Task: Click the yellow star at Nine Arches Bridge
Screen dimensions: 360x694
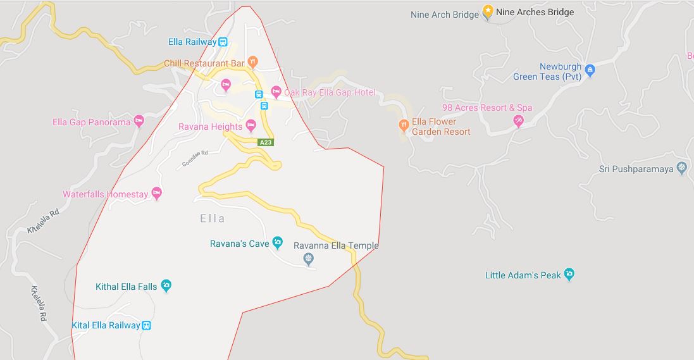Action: pyautogui.click(x=488, y=11)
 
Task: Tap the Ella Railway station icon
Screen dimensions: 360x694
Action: pyautogui.click(x=223, y=42)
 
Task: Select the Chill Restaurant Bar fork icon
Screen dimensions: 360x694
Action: pyautogui.click(x=252, y=62)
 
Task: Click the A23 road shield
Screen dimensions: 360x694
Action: pyautogui.click(x=266, y=143)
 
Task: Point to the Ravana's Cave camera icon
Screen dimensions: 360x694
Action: pyautogui.click(x=277, y=242)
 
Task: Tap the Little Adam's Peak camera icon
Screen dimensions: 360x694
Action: pyautogui.click(x=569, y=275)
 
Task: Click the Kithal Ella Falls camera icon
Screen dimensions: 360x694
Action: pyautogui.click(x=166, y=286)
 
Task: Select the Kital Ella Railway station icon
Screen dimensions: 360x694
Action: pyautogui.click(x=146, y=325)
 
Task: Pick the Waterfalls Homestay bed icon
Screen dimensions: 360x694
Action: pyautogui.click(x=156, y=193)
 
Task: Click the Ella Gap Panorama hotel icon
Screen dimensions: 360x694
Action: pyautogui.click(x=139, y=121)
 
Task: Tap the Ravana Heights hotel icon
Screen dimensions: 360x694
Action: pyautogui.click(x=251, y=125)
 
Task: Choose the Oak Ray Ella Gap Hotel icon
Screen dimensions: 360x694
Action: pyautogui.click(x=276, y=92)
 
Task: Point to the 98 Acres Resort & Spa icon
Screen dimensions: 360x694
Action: pyautogui.click(x=518, y=121)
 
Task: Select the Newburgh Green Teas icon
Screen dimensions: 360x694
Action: pyautogui.click(x=590, y=70)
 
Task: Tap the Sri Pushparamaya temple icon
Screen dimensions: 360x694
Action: pyautogui.click(x=681, y=168)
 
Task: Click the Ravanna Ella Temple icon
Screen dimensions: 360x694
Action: pyautogui.click(x=308, y=258)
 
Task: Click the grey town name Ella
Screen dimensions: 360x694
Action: pyautogui.click(x=212, y=218)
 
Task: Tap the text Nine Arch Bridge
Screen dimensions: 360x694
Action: pyautogui.click(x=444, y=15)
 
